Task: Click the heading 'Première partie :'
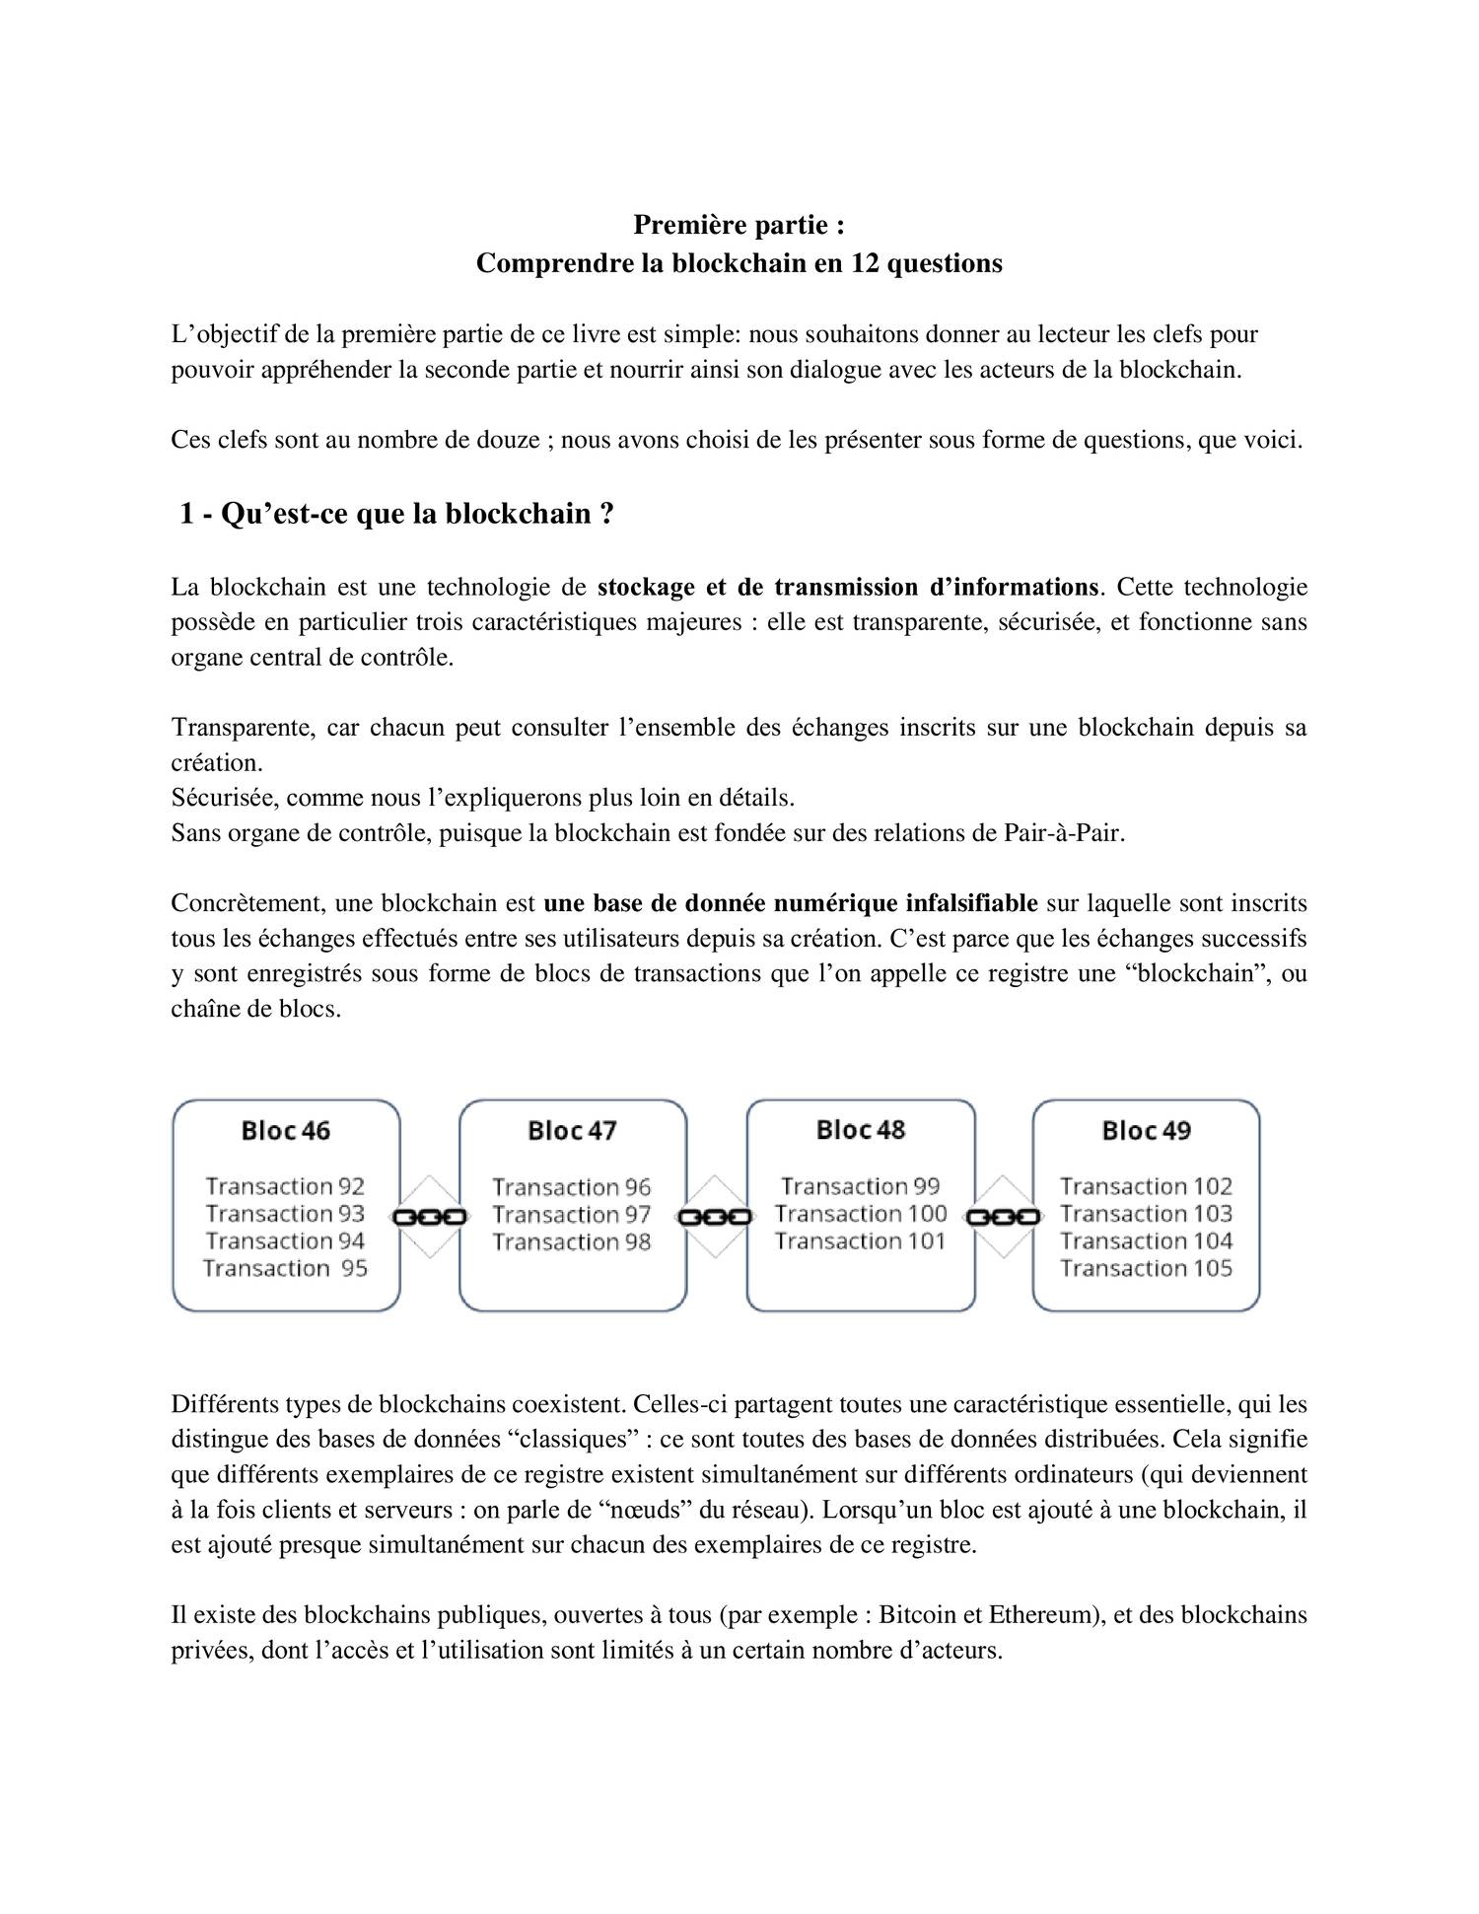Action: tap(739, 226)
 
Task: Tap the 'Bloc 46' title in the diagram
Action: tap(286, 1130)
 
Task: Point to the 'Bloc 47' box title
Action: tap(572, 1130)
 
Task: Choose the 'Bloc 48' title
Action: tap(860, 1129)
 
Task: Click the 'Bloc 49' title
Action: tap(1146, 1130)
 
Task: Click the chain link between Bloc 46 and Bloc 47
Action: tap(430, 1217)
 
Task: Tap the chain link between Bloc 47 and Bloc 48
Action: tap(716, 1217)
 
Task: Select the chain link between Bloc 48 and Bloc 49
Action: tap(1004, 1217)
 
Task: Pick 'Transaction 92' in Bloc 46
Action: tap(285, 1186)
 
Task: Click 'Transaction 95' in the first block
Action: tap(285, 1268)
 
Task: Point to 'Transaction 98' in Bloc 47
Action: tap(572, 1241)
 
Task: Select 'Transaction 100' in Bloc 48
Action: tap(860, 1214)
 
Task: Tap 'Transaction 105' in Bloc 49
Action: tap(1146, 1268)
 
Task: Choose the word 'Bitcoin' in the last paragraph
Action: tap(917, 1615)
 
